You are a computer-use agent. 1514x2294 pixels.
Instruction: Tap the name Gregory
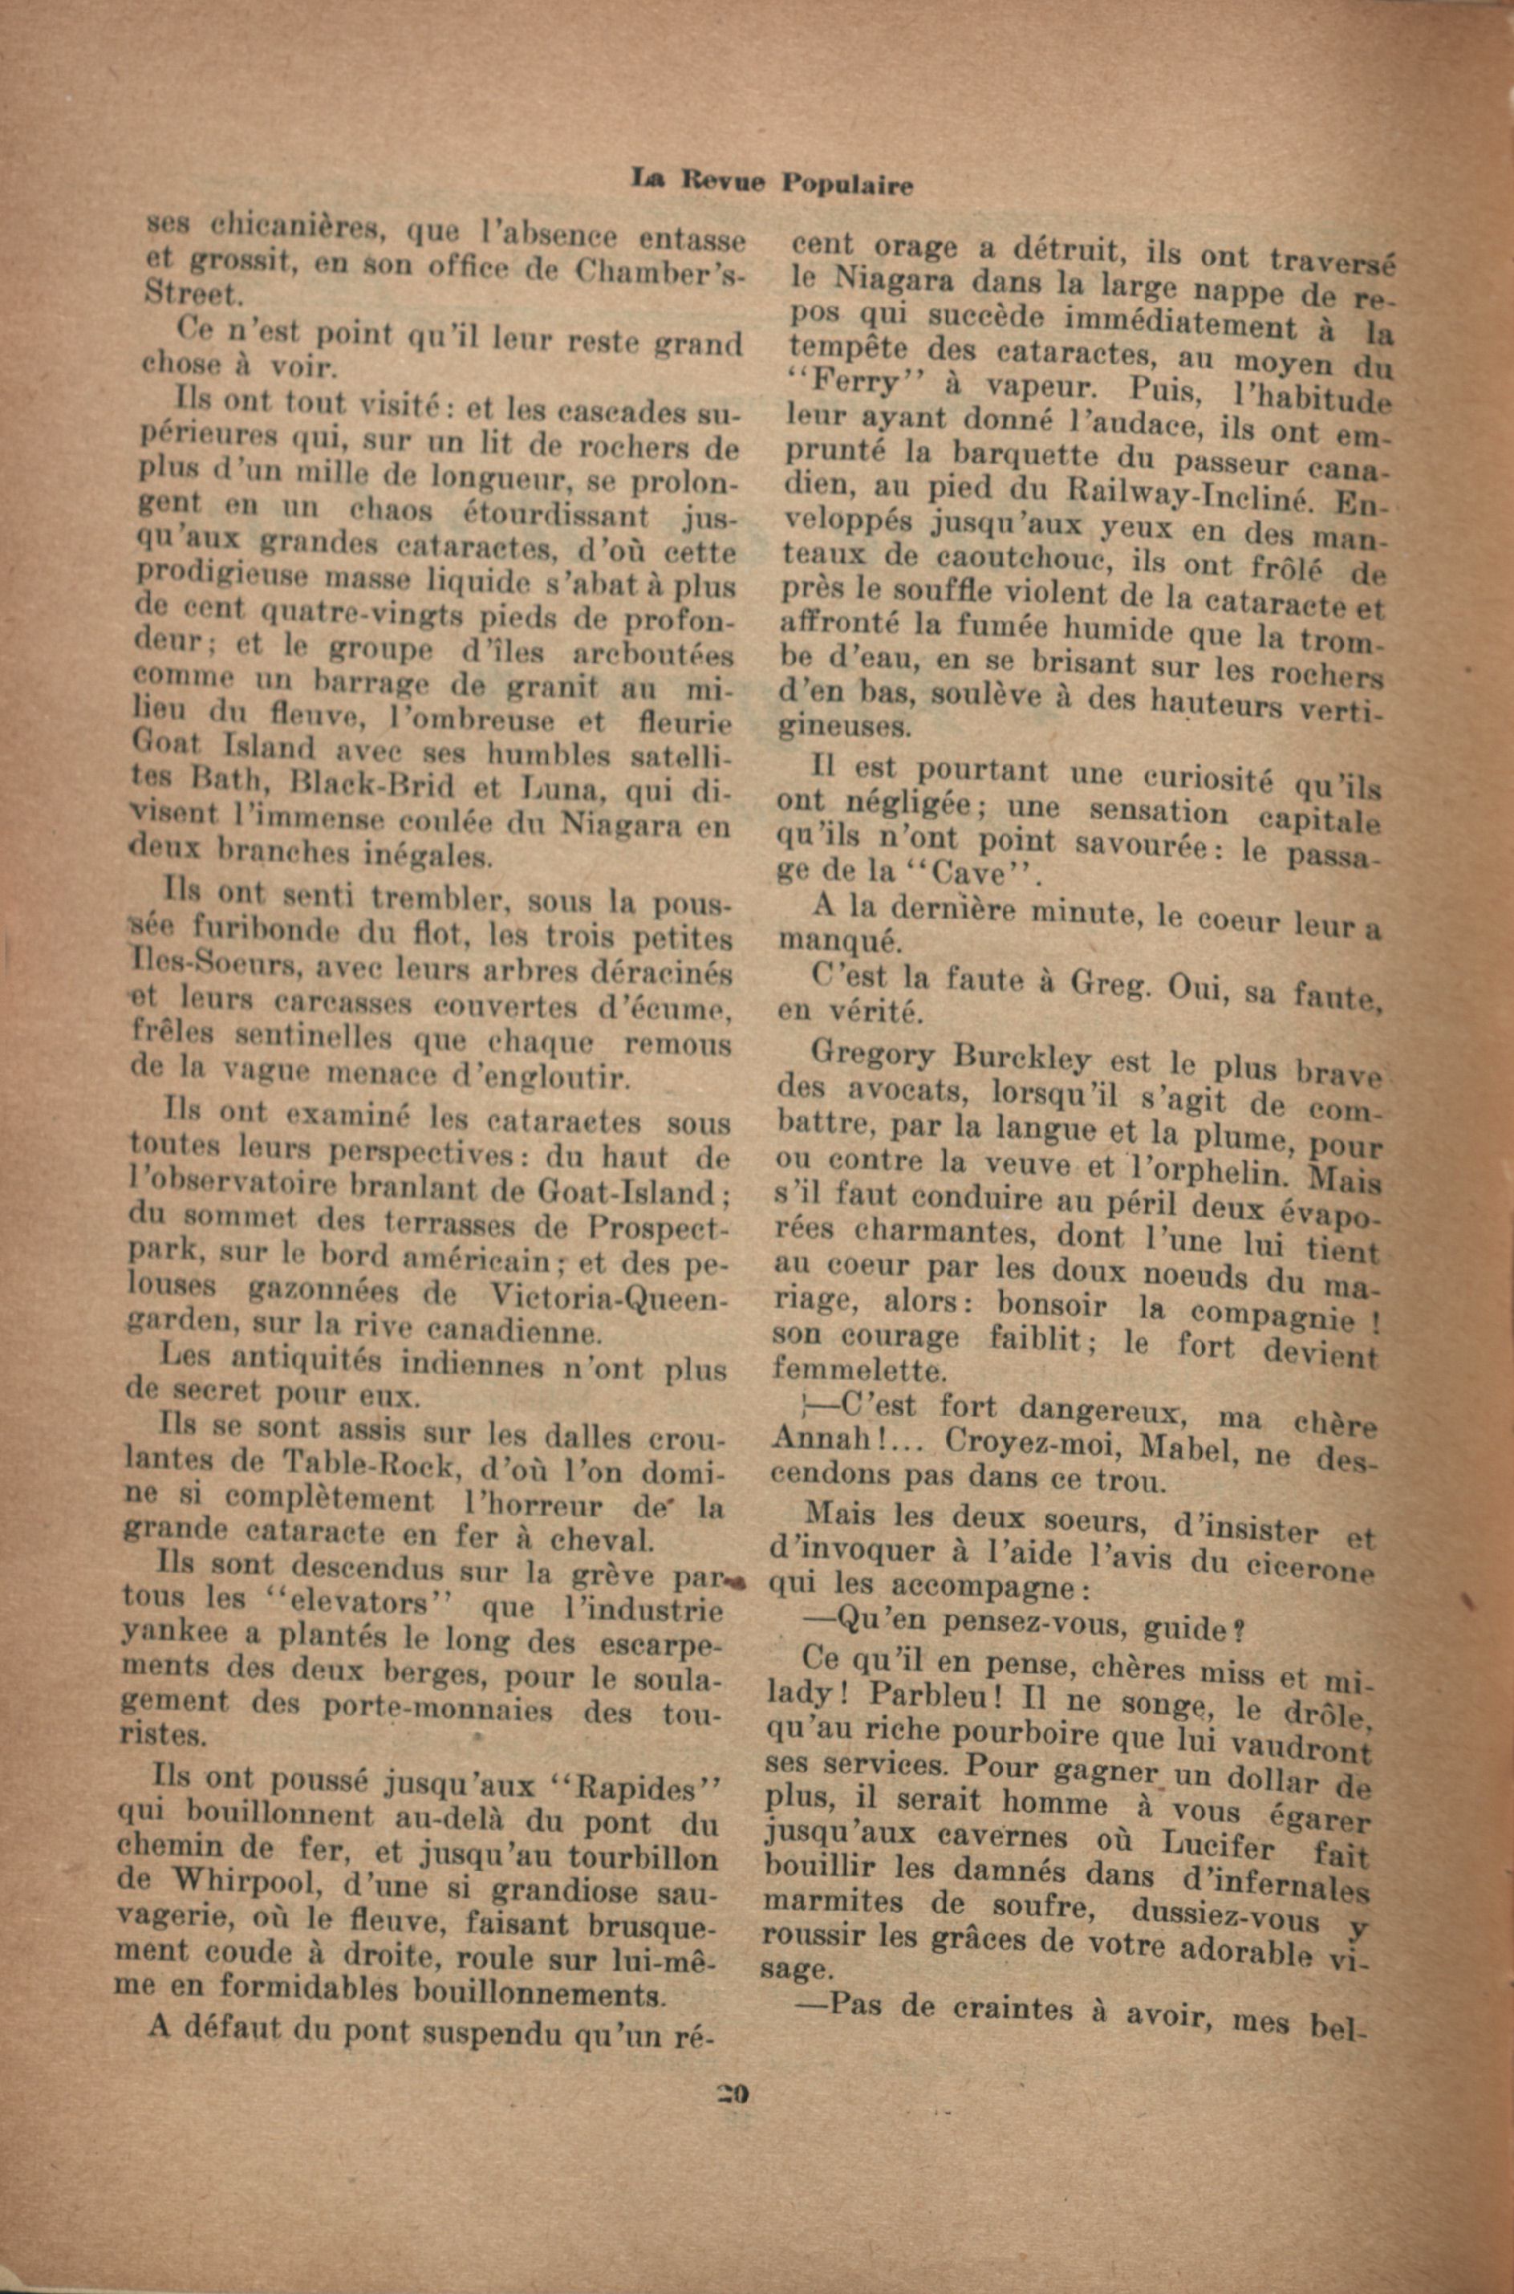[874, 1055]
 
